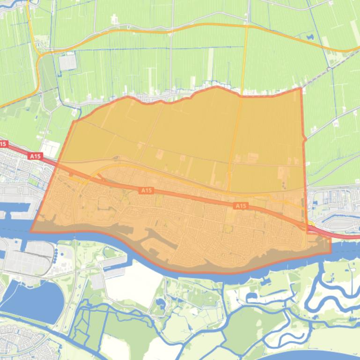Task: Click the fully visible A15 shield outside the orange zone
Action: point(35,156)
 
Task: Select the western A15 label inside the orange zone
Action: point(147,190)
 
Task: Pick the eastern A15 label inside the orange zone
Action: point(241,206)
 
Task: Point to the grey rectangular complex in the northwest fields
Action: point(68,62)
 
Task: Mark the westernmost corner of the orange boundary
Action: point(31,231)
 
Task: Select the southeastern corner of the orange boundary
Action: point(331,252)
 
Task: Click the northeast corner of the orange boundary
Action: point(301,88)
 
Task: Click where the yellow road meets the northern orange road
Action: point(246,27)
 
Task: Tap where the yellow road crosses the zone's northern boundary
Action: point(242,96)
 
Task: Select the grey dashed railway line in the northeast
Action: point(328,70)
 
